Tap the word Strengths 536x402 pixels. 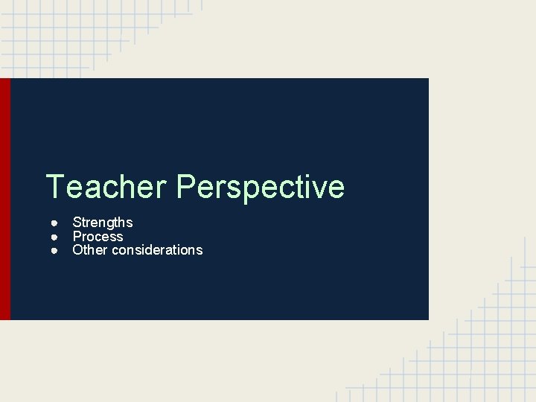[x=103, y=223]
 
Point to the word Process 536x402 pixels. [x=98, y=237]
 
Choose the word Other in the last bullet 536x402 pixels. [x=90, y=250]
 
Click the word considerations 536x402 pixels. [x=157, y=250]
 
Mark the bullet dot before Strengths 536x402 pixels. [x=55, y=223]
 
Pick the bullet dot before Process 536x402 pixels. [x=55, y=237]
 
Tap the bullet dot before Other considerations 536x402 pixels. [x=55, y=250]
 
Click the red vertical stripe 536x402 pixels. [x=5, y=199]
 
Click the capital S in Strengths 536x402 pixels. [x=77, y=223]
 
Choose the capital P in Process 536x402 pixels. [x=77, y=237]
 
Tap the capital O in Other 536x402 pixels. [x=77, y=250]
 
